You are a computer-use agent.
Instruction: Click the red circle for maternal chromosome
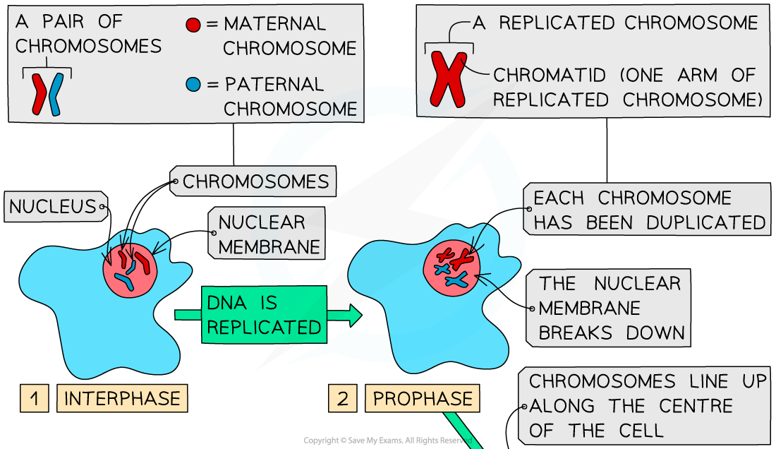[x=194, y=25]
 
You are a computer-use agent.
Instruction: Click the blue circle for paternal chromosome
[x=194, y=85]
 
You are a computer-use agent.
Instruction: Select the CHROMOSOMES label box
[x=254, y=181]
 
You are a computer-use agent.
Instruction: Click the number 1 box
[x=35, y=398]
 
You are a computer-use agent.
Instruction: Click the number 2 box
[x=342, y=398]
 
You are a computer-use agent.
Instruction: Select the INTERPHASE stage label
[x=123, y=398]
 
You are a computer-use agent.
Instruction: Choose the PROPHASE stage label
[x=423, y=398]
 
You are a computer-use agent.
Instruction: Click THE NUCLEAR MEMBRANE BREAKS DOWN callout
[x=610, y=308]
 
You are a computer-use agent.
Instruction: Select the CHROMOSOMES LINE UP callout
[x=645, y=406]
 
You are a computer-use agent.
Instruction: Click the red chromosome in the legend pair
[x=38, y=93]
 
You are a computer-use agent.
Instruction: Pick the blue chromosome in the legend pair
[x=56, y=93]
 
